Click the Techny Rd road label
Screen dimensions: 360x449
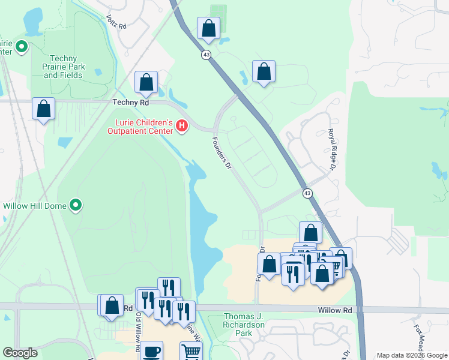[x=130, y=103]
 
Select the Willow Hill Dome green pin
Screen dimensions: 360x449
[x=76, y=205]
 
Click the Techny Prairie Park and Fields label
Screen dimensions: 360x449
[x=64, y=67]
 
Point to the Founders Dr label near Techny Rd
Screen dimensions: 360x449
[x=221, y=153]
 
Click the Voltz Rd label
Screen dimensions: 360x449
[x=116, y=23]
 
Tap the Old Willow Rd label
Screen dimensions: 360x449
[x=138, y=332]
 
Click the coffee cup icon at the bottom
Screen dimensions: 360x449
[x=151, y=350]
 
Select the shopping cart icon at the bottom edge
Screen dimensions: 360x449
[x=191, y=352]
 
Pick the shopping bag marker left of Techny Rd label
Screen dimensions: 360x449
[x=43, y=109]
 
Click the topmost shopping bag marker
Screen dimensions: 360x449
[x=208, y=27]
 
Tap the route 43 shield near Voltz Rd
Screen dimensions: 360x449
[x=206, y=55]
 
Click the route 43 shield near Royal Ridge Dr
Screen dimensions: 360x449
[x=307, y=193]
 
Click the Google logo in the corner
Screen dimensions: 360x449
[x=20, y=353]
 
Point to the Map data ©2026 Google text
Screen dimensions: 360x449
[x=411, y=355]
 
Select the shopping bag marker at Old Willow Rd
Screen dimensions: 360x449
[x=112, y=305]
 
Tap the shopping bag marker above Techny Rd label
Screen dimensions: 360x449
[x=146, y=83]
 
